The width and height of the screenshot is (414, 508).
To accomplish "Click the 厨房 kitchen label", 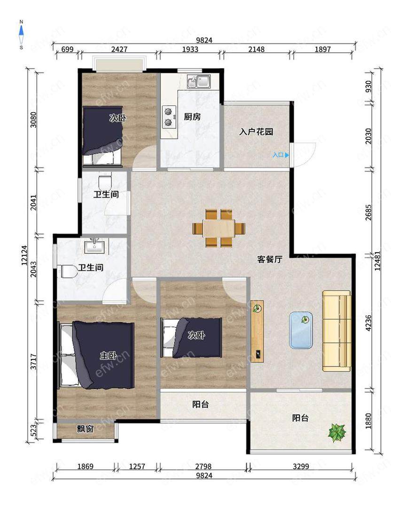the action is point(192,117).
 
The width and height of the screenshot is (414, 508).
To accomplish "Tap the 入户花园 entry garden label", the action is point(256,132).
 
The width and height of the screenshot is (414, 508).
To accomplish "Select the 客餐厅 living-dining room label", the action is point(270,259).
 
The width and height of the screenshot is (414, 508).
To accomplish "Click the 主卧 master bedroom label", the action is point(108,356).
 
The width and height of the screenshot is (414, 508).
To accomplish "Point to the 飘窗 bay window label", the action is point(85,429).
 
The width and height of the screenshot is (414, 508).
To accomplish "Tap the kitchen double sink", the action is point(199,81).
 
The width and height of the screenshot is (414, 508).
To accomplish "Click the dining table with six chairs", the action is point(219,229).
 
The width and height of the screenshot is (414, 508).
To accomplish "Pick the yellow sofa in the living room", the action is point(336,331).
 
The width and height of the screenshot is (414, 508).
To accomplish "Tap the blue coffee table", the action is point(301,330).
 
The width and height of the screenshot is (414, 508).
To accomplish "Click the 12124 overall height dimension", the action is point(24,255).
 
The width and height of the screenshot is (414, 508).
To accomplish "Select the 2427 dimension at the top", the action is point(119,49).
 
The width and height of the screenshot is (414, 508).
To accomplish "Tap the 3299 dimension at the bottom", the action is point(301,467).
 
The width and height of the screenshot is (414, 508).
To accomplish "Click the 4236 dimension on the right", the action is point(368,323).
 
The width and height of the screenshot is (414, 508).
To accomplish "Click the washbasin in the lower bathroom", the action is point(94,246).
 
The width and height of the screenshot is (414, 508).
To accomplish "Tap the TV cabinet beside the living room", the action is point(258,331).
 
